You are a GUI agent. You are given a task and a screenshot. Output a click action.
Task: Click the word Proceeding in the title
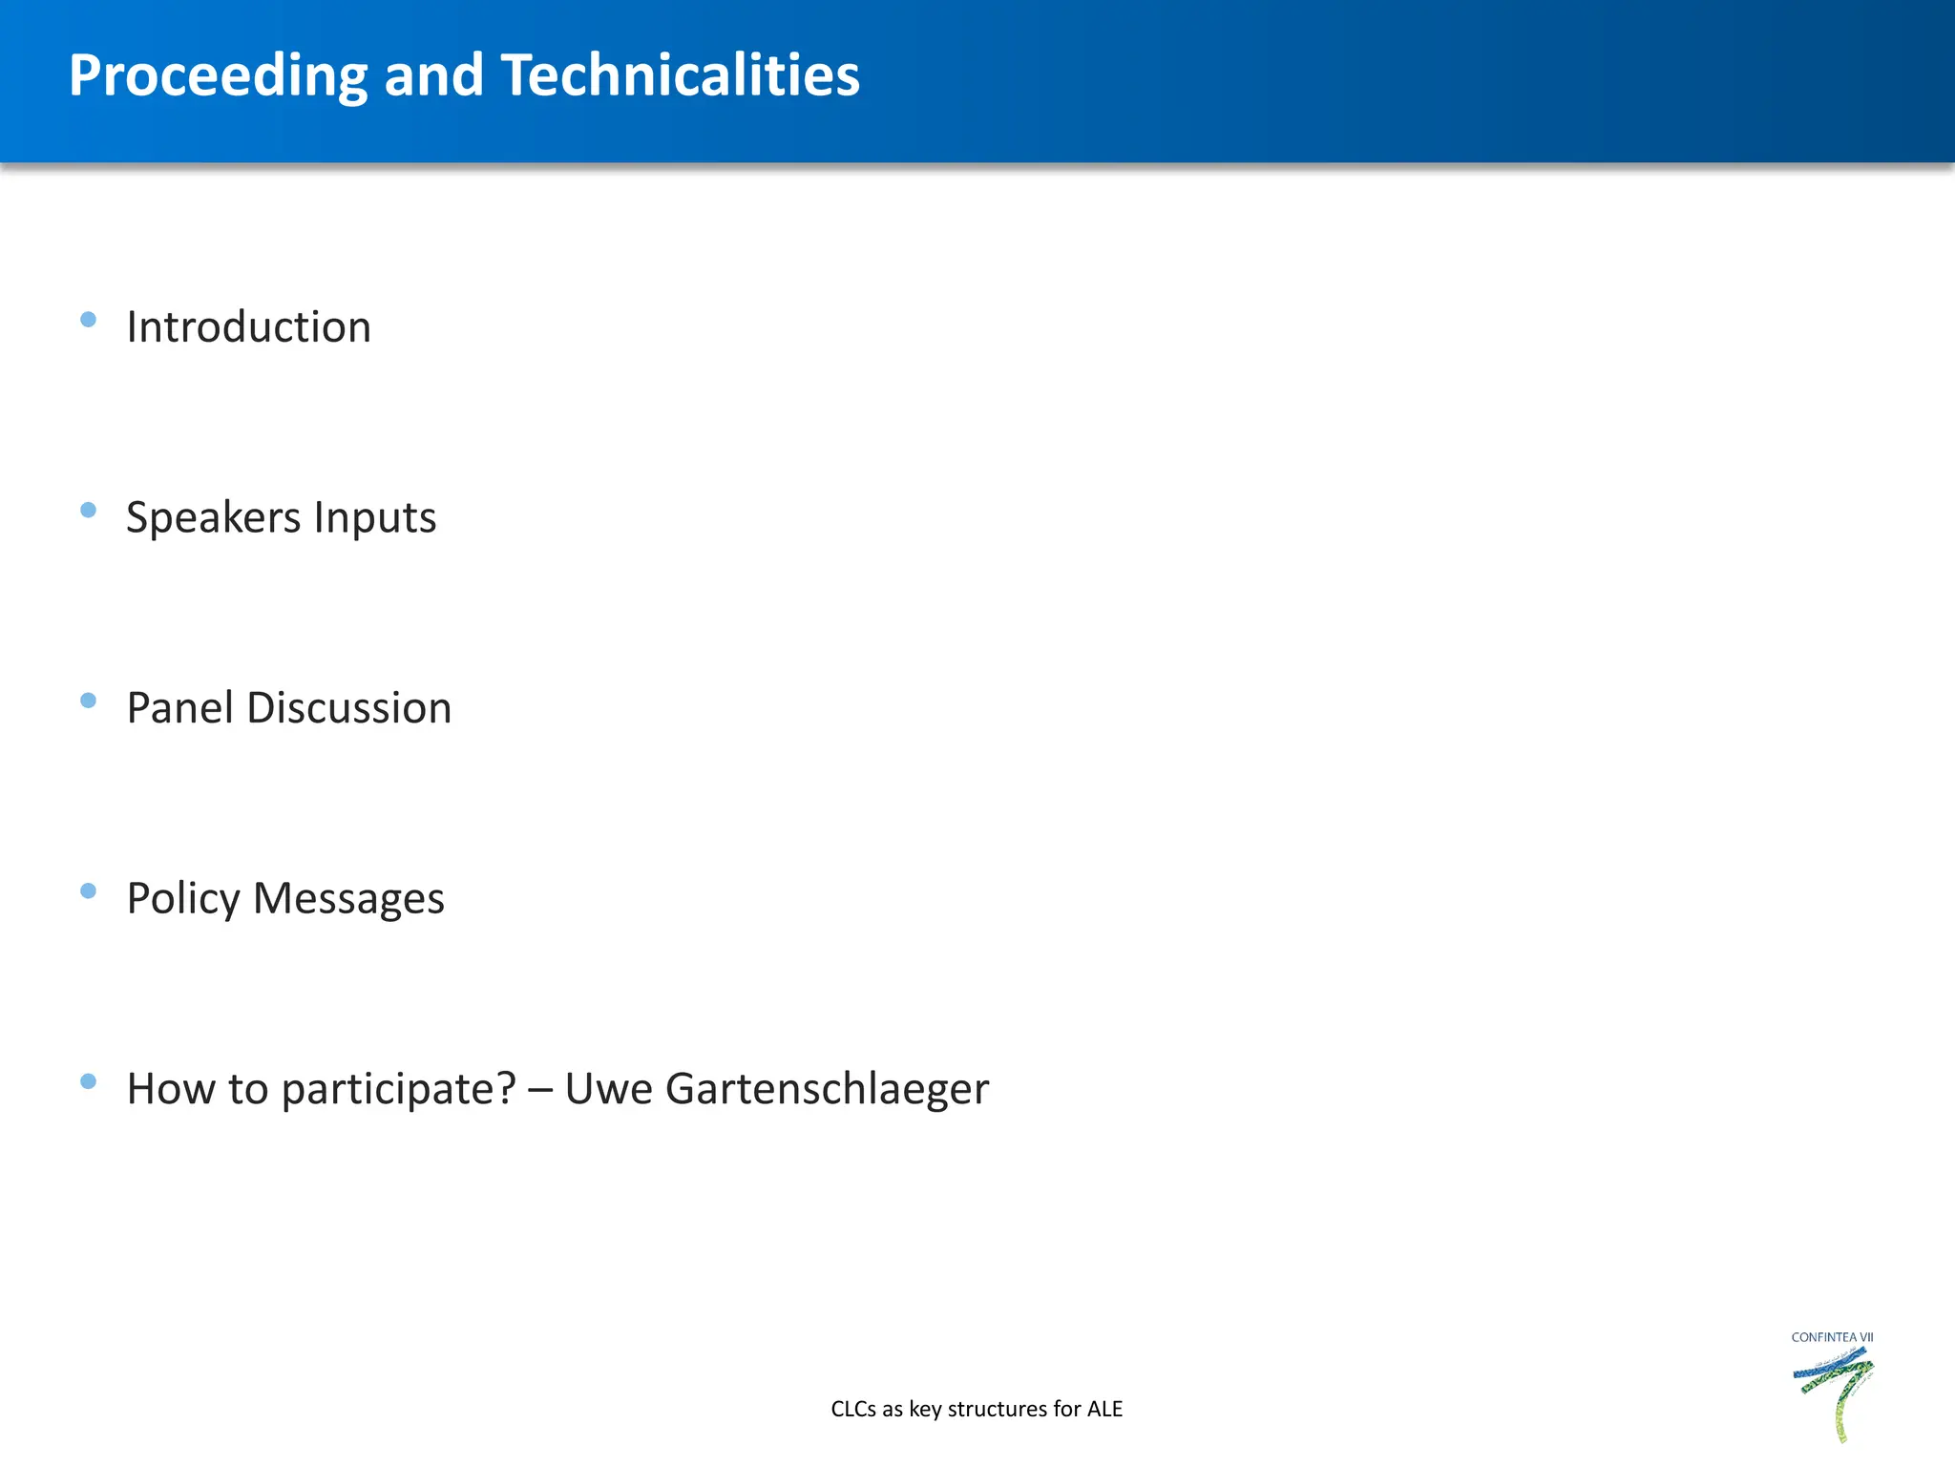[218, 76]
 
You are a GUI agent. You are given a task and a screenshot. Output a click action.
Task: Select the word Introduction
[248, 327]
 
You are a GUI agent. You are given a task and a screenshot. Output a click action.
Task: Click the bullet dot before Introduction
[89, 320]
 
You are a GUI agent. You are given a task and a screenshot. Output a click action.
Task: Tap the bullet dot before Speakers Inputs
[89, 511]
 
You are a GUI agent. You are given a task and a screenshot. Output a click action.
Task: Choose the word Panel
[180, 708]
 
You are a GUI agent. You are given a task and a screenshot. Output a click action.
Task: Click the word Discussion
[349, 708]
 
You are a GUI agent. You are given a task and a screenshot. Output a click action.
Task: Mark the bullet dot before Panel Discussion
[89, 701]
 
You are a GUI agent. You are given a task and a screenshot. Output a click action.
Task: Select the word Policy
[183, 900]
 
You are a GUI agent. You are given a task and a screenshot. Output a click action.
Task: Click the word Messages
[348, 900]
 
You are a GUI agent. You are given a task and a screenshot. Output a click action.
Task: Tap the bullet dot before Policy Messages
[89, 891]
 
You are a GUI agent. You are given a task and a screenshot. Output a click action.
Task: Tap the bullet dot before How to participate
[89, 1081]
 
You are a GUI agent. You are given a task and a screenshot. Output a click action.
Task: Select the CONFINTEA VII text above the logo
[1832, 1337]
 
